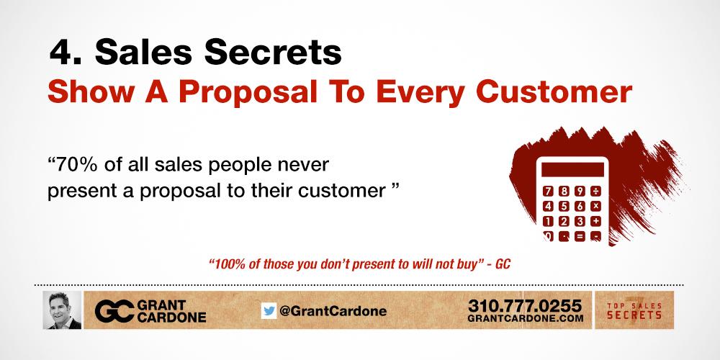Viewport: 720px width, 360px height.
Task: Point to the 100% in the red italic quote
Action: (225, 264)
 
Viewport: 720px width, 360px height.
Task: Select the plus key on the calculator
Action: (596, 220)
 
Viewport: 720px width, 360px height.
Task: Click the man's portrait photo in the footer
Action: (62, 310)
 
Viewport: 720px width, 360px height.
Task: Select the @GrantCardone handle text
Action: (332, 311)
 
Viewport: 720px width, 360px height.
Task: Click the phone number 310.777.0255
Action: (525, 305)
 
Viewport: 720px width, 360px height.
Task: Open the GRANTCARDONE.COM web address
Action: (525, 318)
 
